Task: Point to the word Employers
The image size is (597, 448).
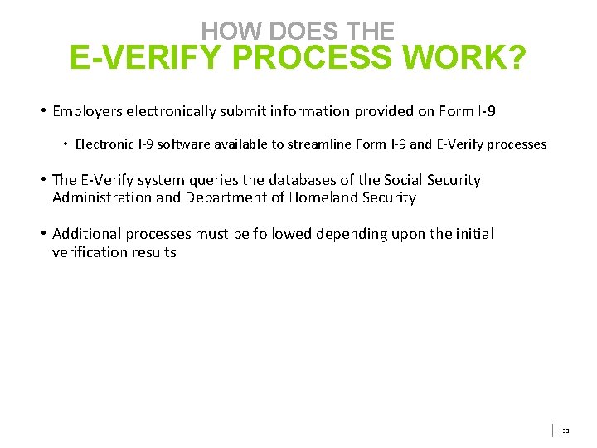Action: pos(86,111)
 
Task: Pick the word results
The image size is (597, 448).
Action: pos(151,252)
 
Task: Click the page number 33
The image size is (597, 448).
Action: pos(565,431)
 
